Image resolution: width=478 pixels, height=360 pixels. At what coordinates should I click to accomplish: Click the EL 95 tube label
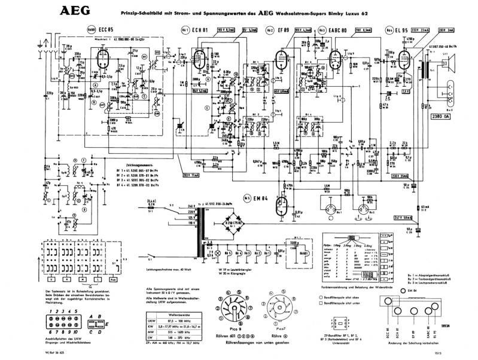tap(401, 30)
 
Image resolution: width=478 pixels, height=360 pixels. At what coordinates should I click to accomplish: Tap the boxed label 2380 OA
tap(440, 117)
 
